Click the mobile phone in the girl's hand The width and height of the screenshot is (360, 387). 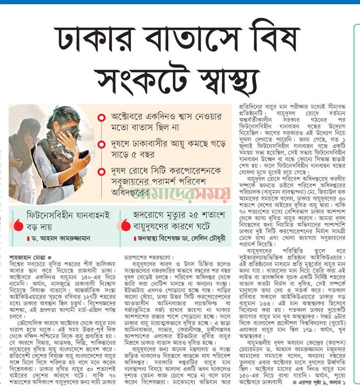[83, 154]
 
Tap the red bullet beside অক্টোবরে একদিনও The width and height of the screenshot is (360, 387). [101, 118]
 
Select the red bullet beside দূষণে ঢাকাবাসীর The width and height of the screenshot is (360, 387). [101, 145]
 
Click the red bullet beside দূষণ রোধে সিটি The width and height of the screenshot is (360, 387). [101, 171]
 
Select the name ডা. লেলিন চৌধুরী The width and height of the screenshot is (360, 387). [206, 238]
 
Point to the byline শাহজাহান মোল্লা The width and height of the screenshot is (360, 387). [28, 258]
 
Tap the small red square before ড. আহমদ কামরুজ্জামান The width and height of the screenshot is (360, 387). [28, 238]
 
